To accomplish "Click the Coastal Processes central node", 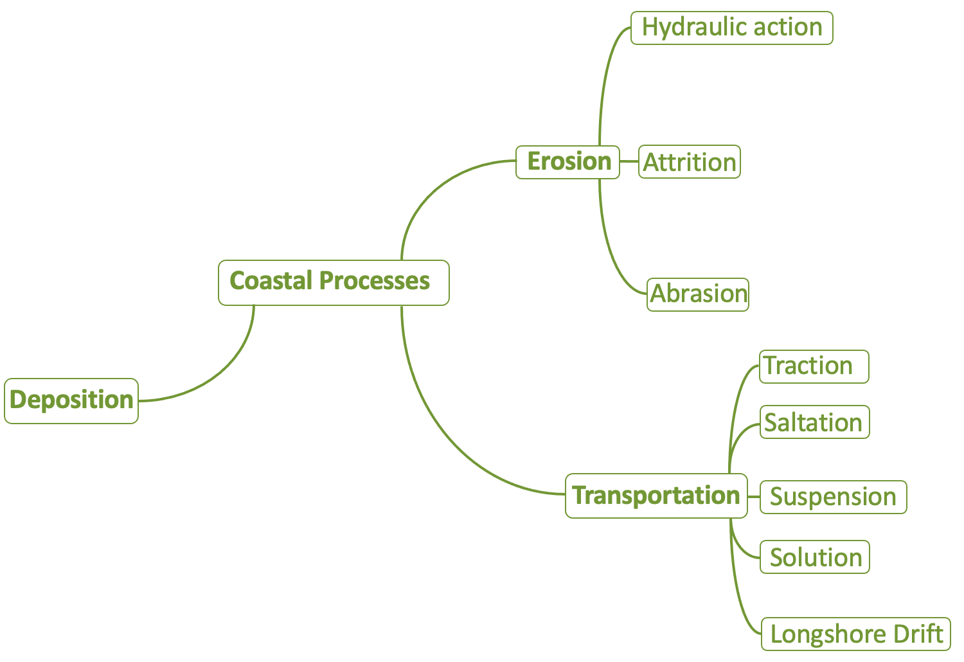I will click(334, 282).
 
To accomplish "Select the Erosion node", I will click(568, 162).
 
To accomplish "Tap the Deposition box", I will click(71, 400).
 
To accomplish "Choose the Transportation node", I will click(656, 496).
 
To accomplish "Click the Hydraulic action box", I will click(731, 28).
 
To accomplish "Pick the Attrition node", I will click(690, 162).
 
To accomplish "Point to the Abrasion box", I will click(698, 294).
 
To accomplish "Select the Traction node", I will click(814, 366).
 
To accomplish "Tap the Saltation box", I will click(814, 422).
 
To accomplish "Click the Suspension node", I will click(833, 497).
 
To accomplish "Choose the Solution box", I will click(815, 557).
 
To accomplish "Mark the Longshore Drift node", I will click(855, 634).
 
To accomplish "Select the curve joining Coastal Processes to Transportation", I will click(450, 443).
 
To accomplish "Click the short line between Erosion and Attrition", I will click(629, 161).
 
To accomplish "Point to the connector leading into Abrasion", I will click(617, 264).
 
